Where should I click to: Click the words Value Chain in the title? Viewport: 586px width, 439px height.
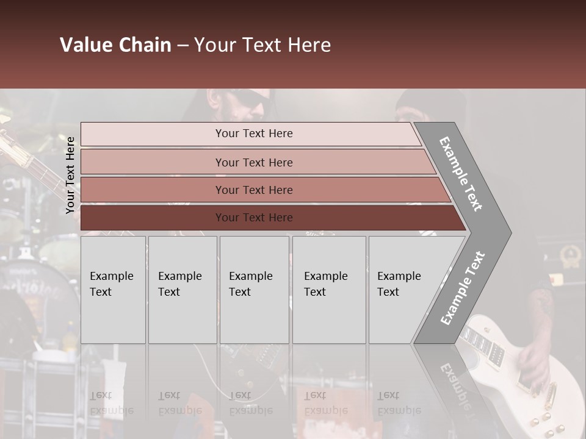point(115,45)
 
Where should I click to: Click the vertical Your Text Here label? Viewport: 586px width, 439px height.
point(70,175)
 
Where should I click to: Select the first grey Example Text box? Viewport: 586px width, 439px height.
point(113,290)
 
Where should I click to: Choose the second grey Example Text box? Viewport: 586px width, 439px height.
point(183,290)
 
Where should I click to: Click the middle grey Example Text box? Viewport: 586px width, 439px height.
point(254,290)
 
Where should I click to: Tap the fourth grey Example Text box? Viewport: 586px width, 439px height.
point(329,290)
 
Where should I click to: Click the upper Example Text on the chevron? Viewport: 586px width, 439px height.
point(460,174)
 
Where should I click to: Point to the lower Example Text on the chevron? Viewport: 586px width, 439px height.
point(462,288)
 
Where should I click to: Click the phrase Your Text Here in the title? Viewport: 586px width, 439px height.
point(262,45)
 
